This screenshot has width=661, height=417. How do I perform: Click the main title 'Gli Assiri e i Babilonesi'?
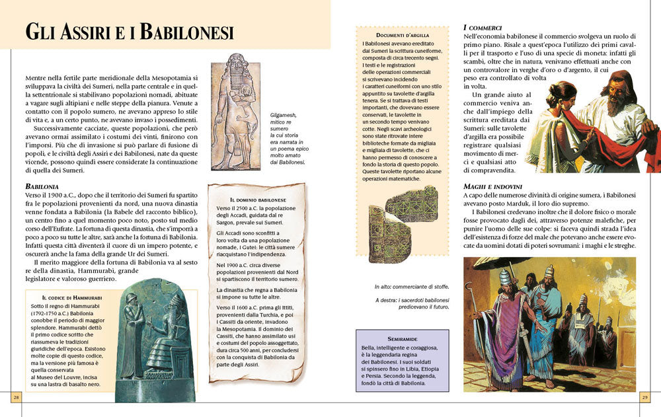click(x=130, y=31)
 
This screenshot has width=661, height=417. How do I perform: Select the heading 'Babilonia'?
click(x=42, y=187)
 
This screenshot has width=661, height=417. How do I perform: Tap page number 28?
click(x=17, y=397)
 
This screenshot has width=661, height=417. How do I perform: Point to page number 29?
click(x=644, y=397)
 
